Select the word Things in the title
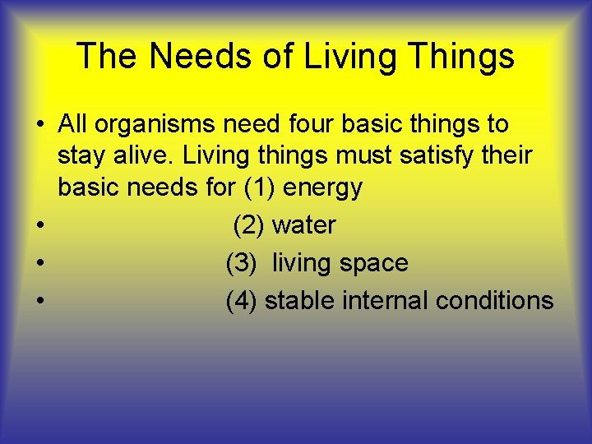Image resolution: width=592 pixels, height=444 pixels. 461,57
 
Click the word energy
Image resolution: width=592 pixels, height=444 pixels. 322,188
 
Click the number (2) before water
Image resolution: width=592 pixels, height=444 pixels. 249,225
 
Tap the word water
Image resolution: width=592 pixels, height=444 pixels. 303,225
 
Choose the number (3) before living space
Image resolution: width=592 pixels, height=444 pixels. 242,263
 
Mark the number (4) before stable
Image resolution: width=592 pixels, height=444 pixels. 242,301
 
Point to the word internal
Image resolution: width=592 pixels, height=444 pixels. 383,301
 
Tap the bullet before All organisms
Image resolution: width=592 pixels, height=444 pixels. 39,126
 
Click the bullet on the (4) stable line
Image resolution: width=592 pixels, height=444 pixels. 39,301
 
